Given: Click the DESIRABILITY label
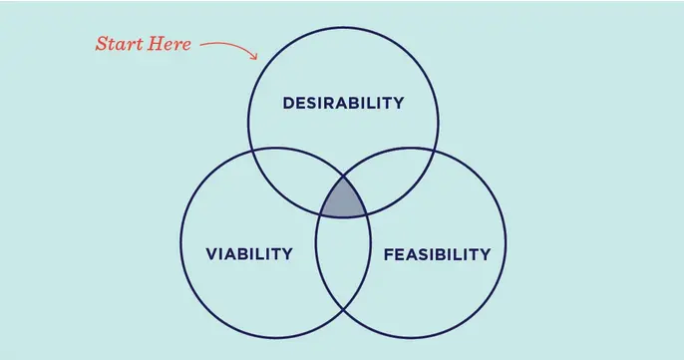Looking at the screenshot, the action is [343, 103].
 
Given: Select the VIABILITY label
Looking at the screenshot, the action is [249, 253].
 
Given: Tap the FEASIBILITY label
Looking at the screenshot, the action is [437, 254].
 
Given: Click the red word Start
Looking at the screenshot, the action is [119, 44].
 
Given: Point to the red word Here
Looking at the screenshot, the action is [169, 44].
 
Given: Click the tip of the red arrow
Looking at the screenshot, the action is [257, 59].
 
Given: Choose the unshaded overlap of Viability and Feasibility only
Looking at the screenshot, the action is [343, 262].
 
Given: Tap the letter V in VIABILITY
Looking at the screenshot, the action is [212, 254].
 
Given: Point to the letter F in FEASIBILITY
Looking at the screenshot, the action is [389, 254].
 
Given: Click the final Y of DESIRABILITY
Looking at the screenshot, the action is [398, 103].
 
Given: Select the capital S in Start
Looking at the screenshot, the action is [102, 44].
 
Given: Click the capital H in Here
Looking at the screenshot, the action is [154, 44].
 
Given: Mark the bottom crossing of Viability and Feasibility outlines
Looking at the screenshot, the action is [343, 310].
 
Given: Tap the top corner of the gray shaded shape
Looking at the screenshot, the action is [343, 177].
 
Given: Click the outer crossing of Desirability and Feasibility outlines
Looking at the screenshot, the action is [435, 151].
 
